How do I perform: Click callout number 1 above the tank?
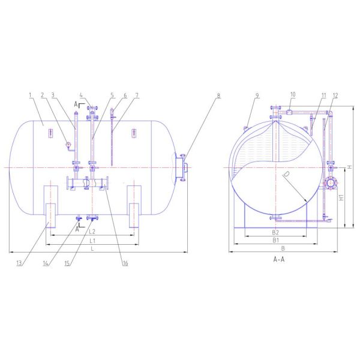(30, 95)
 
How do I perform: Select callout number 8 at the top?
(218, 95)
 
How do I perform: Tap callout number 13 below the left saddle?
(19, 263)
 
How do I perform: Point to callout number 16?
(125, 263)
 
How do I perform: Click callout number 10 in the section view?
(293, 94)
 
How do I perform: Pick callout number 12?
(335, 95)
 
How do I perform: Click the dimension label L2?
(92, 232)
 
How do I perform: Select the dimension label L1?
(92, 241)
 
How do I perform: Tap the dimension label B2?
(275, 232)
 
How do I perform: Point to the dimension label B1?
(275, 240)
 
